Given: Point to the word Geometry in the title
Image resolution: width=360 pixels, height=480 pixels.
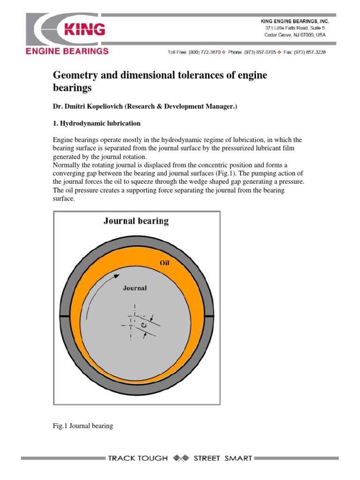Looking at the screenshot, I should [x=77, y=75].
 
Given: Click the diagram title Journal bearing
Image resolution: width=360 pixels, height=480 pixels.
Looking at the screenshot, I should [x=136, y=221].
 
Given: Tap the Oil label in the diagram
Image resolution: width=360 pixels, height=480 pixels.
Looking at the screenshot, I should [x=164, y=263].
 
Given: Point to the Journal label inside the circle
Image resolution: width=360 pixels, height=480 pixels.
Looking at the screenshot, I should [x=135, y=288].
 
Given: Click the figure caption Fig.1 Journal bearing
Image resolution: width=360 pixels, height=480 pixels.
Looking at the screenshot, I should [x=82, y=426].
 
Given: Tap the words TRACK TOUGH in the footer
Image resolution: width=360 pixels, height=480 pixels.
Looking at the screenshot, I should [x=137, y=458].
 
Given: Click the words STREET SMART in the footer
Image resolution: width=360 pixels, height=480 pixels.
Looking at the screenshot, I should [x=223, y=458].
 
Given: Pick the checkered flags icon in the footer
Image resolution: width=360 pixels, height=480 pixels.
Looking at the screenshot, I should [x=180, y=458].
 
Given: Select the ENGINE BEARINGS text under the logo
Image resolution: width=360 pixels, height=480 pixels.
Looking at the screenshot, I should [x=67, y=51].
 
